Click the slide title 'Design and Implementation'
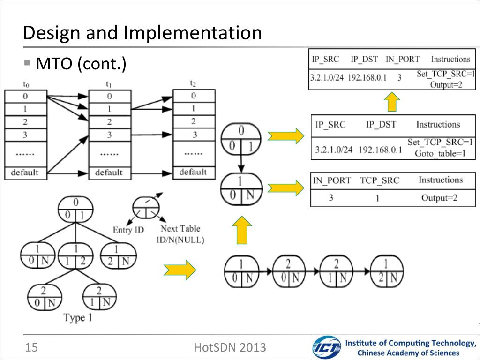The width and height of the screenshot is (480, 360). point(142,33)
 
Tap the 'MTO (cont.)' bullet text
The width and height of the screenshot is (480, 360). point(81,64)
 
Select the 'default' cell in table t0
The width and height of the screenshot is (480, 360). point(25,172)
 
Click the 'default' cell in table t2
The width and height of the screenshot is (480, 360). point(193,172)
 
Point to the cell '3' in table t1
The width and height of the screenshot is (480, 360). point(109,135)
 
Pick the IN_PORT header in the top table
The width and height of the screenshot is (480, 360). point(402,60)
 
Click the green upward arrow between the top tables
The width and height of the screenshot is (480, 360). point(392,102)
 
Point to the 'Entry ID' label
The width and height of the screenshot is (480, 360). point(128,230)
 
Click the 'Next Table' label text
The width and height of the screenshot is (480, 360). point(180,229)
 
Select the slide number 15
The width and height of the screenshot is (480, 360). point(31,347)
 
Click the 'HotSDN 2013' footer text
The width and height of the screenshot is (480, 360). point(230,347)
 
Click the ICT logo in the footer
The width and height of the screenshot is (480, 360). point(326,347)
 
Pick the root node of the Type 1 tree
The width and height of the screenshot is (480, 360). point(75,210)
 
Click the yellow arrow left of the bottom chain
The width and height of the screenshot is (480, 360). point(180,270)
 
